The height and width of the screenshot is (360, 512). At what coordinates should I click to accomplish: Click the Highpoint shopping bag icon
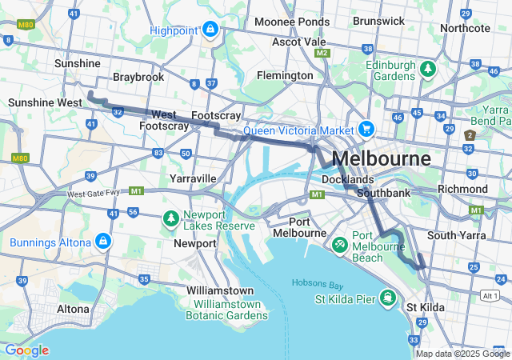[209, 31]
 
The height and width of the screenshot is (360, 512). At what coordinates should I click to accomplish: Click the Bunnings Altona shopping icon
[102, 241]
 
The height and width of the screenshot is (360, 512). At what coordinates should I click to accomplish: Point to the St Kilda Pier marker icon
[387, 298]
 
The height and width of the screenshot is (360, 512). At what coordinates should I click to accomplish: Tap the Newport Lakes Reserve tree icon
[170, 218]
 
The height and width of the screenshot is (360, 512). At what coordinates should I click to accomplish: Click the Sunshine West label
[45, 102]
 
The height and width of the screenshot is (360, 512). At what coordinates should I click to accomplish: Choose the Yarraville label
[192, 178]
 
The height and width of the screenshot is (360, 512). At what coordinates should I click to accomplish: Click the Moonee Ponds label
[292, 22]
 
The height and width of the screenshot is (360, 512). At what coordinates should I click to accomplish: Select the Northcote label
[464, 27]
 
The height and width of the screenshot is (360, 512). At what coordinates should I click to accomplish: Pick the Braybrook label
[138, 77]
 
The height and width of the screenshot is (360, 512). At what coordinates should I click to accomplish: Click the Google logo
[26, 350]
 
